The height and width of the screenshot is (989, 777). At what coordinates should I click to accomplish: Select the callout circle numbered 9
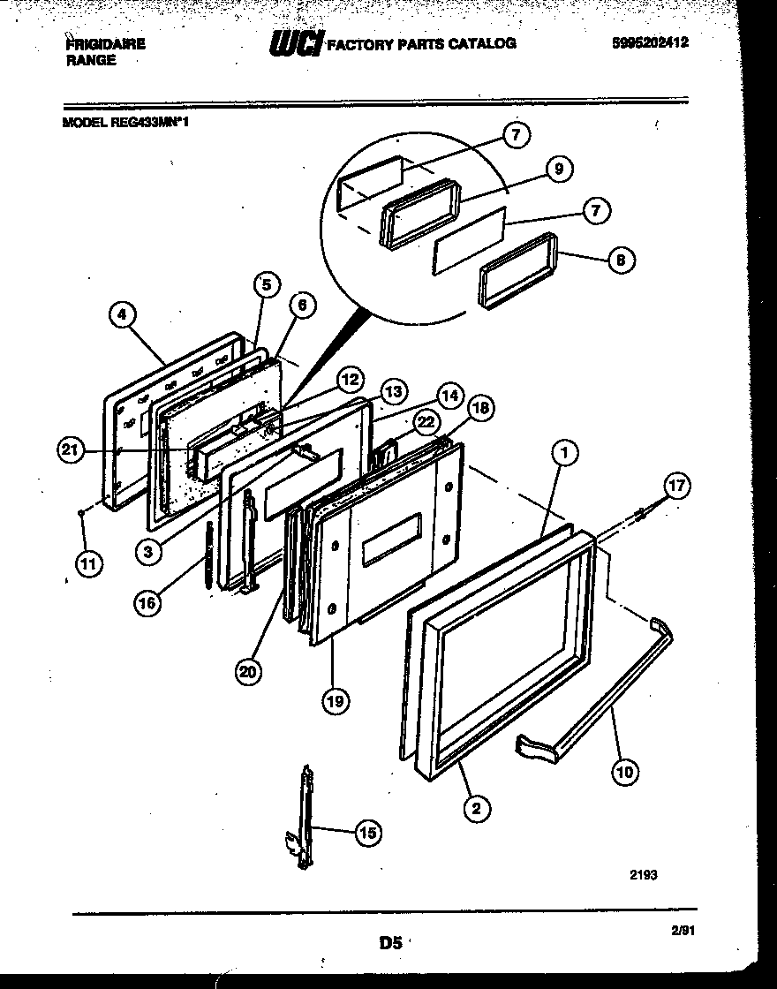[x=558, y=170]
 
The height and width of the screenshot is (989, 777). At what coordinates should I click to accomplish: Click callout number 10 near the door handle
[x=625, y=771]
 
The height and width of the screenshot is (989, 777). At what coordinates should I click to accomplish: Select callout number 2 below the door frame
[x=476, y=806]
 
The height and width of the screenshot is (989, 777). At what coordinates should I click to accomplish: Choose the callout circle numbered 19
[x=335, y=701]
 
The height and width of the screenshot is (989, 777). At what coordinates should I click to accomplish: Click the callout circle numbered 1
[x=565, y=454]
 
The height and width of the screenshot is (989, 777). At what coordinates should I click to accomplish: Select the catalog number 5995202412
[x=650, y=42]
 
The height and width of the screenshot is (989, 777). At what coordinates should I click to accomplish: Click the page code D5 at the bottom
[x=389, y=943]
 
